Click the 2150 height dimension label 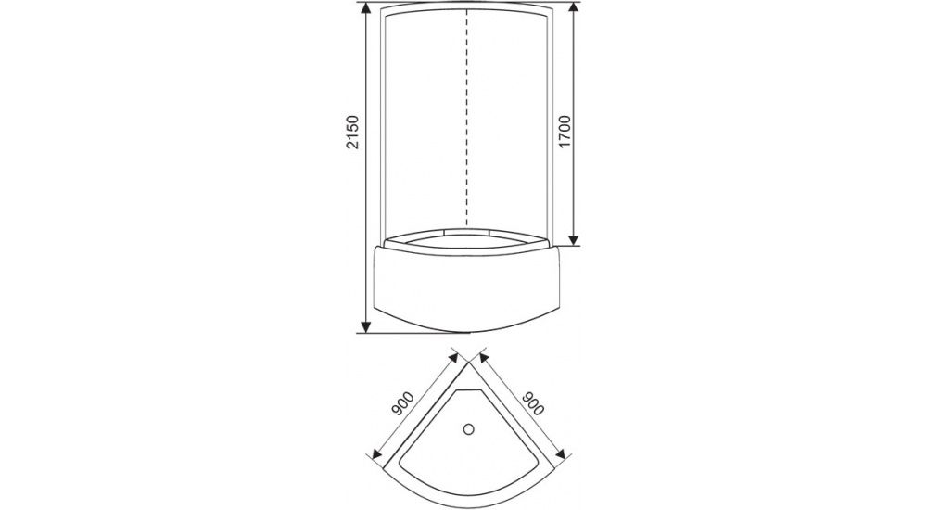pos(352,133)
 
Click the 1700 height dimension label pos(565,133)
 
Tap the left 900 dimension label pos(402,403)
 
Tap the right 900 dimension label pos(532,403)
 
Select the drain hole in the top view pos(469,429)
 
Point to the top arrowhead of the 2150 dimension pos(366,11)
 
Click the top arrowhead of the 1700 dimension pos(574,11)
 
